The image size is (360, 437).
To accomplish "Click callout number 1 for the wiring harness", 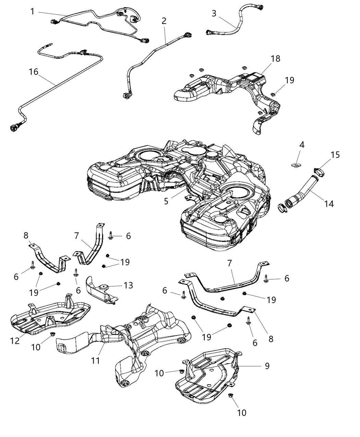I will click(x=32, y=12).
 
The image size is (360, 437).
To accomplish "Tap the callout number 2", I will click(x=164, y=21).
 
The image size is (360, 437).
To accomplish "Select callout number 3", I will click(x=214, y=13).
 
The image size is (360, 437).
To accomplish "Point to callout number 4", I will click(x=301, y=145).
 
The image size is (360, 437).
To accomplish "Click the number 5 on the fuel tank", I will click(x=166, y=201).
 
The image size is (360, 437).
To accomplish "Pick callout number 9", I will click(x=267, y=366).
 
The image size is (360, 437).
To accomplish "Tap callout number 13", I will click(x=128, y=285).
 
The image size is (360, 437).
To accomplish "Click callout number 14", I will click(x=329, y=204).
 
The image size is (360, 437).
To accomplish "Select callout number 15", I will click(x=335, y=155).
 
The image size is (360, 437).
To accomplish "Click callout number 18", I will click(x=275, y=59).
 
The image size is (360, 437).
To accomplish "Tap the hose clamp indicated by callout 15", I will click(x=319, y=171).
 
